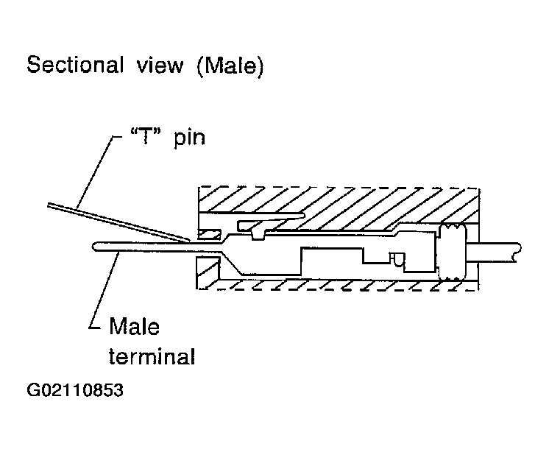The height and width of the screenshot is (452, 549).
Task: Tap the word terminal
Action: pos(152,358)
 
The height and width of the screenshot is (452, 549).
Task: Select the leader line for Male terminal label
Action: pos(103,287)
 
